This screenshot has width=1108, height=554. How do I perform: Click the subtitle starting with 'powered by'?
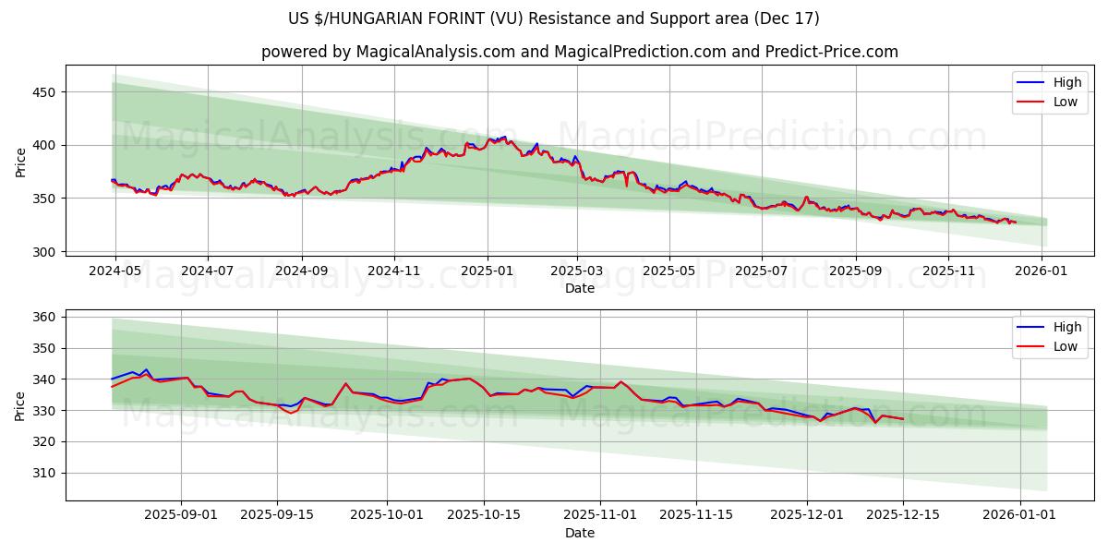[x=579, y=52]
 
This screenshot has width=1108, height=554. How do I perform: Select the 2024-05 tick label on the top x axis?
[x=115, y=271]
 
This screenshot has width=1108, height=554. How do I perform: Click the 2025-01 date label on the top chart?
[x=487, y=271]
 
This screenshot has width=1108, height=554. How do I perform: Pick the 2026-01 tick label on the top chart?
[x=1042, y=271]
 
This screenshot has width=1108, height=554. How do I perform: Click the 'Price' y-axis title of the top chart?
[x=20, y=162]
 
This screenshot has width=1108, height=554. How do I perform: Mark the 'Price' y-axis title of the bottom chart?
[x=20, y=405]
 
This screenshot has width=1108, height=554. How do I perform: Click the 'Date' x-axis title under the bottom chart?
[x=579, y=533]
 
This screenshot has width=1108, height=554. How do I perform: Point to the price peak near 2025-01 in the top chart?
[x=504, y=137]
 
